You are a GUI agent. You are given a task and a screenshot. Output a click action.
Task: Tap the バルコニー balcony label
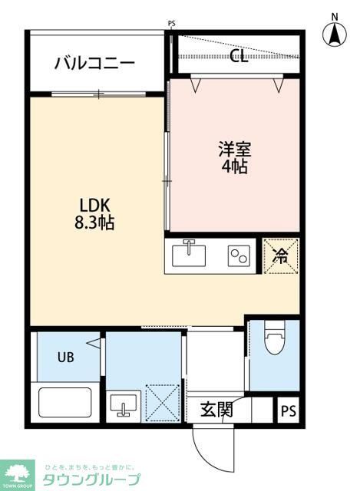click(94, 63)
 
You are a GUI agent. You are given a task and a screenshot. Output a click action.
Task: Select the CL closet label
click(239, 56)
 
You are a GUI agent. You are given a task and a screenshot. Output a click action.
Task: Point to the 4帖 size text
click(234, 166)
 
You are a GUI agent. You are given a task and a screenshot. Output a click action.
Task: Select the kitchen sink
click(189, 254)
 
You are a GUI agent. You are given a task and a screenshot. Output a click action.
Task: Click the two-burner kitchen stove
click(238, 255)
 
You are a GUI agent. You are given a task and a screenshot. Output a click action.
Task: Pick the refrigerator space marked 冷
click(280, 255)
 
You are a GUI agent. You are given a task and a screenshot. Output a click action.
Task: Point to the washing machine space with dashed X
click(162, 401)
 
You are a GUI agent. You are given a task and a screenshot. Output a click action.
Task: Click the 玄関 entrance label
click(216, 409)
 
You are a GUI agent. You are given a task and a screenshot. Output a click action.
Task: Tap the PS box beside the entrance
click(288, 410)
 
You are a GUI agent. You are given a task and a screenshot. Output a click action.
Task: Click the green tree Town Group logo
click(17, 473)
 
